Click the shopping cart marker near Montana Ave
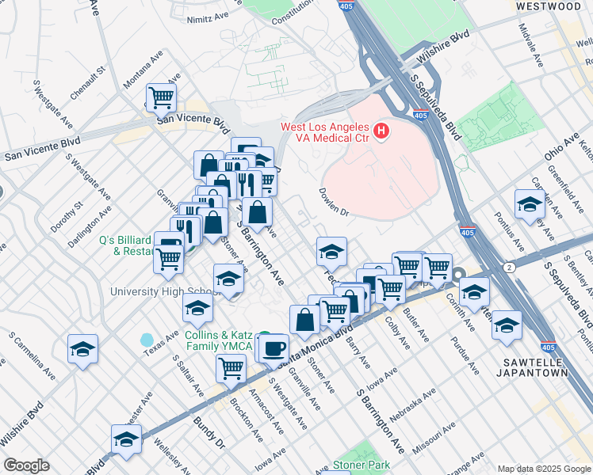(162, 98)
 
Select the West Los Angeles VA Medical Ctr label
(325, 134)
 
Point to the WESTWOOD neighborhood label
(548, 6)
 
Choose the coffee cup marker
(275, 348)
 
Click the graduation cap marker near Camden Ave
(530, 205)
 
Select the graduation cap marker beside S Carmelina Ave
(83, 349)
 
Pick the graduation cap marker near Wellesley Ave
(126, 439)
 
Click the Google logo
(26, 465)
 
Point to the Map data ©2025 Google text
(543, 469)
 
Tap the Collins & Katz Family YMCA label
(219, 340)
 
